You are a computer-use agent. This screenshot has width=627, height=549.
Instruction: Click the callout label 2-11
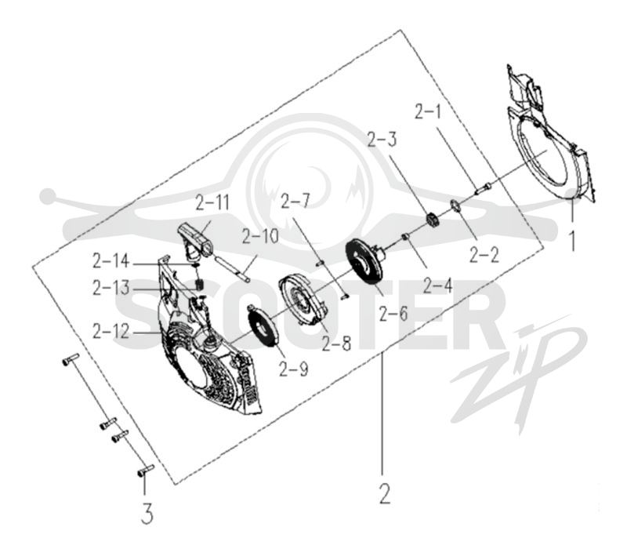pyautogui.click(x=212, y=202)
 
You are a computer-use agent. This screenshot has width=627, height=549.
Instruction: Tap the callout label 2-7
pyautogui.click(x=295, y=200)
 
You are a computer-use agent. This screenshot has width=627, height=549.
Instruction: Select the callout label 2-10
pyautogui.click(x=260, y=237)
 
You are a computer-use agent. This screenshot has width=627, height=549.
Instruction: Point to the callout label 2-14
pyautogui.click(x=111, y=261)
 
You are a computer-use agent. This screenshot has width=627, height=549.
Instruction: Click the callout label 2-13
pyautogui.click(x=111, y=287)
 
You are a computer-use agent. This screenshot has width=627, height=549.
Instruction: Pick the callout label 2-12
pyautogui.click(x=111, y=331)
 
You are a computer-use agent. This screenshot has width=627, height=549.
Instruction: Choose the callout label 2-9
pyautogui.click(x=293, y=369)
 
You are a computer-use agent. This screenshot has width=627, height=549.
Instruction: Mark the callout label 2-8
pyautogui.click(x=336, y=344)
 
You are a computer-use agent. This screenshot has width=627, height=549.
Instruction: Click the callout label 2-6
pyautogui.click(x=393, y=313)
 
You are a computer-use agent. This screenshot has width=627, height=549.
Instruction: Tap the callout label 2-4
pyautogui.click(x=437, y=285)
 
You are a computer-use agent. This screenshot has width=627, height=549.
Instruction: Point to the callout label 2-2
pyautogui.click(x=484, y=255)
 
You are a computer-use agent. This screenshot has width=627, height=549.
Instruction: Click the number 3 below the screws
pyautogui.click(x=147, y=514)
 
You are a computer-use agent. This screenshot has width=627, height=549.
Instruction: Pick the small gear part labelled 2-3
pyautogui.click(x=432, y=220)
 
